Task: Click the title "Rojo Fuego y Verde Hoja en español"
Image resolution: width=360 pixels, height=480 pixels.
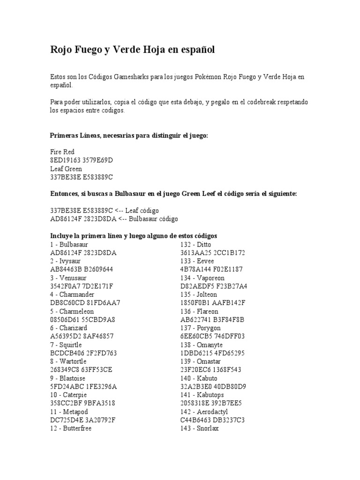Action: pos(132,50)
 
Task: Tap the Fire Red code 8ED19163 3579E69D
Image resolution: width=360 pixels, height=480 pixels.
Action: pos(82,160)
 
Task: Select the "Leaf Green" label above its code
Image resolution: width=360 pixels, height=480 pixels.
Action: pos(66,169)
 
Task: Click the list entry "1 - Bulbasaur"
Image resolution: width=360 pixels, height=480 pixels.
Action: pos(69,244)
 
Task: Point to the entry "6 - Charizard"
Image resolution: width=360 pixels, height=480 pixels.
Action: pos(68,328)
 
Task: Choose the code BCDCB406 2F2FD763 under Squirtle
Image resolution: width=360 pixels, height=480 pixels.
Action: pos(83,353)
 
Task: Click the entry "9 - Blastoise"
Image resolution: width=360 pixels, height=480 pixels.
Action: pos(68,378)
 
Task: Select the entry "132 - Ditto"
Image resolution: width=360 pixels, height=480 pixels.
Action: pos(196,244)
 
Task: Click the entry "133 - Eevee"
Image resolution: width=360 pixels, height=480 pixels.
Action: pos(197,261)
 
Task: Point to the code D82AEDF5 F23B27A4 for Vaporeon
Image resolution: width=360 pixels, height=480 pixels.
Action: pos(214,286)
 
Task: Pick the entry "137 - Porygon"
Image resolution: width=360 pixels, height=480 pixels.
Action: pos(200,328)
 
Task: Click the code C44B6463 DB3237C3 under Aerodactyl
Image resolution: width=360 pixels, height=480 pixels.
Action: pos(213,420)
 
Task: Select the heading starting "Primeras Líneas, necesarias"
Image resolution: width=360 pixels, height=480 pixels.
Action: pos(128,135)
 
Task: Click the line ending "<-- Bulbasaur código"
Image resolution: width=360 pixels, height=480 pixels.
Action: pos(114,219)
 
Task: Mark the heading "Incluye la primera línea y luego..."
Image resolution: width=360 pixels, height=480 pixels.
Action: pos(134,236)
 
